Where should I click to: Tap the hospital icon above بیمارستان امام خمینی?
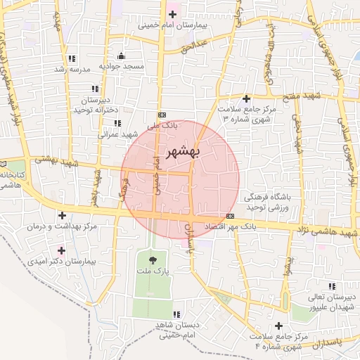(172, 14)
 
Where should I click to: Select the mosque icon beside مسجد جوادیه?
(122, 56)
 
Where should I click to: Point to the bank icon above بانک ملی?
(162, 114)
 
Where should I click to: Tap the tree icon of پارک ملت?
(153, 261)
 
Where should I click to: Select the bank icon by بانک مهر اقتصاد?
(231, 216)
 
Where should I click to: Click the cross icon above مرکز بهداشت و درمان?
(63, 215)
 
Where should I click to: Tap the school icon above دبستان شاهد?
(176, 314)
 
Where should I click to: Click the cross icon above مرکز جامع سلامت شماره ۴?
(279, 326)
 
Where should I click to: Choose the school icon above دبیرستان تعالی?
(331, 285)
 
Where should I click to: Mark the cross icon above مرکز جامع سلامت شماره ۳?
(246, 98)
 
